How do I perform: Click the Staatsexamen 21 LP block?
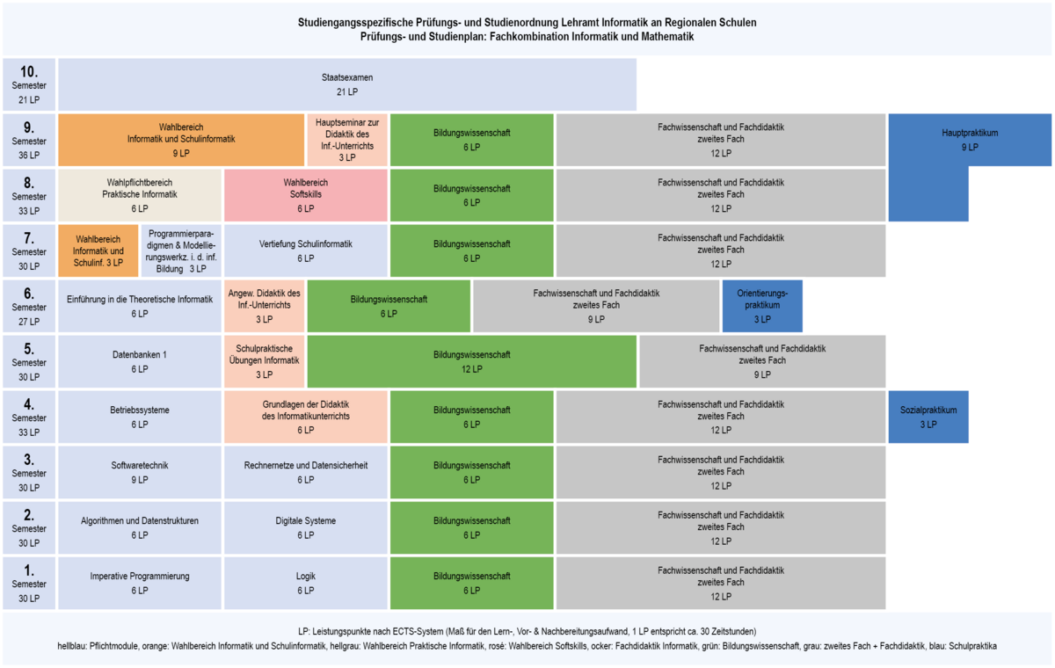(347, 84)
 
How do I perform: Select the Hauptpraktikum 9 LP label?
(970, 140)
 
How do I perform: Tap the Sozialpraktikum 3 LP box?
(928, 417)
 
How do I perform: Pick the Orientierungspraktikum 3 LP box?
(762, 306)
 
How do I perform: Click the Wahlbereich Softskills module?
(306, 195)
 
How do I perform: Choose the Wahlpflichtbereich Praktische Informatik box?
(140, 195)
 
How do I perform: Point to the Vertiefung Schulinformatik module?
(306, 250)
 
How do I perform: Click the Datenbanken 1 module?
(140, 361)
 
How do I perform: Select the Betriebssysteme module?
(140, 417)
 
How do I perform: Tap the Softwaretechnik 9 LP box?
(140, 472)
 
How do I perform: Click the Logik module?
(306, 583)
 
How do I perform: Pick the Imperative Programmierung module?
(140, 583)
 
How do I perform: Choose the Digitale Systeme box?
(306, 527)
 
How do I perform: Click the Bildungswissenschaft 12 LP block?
(472, 361)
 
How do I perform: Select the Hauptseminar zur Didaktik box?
(347, 140)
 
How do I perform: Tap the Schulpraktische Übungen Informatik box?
(265, 361)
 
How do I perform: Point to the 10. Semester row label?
(29, 84)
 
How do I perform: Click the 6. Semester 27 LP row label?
(29, 306)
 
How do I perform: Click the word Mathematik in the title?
(666, 37)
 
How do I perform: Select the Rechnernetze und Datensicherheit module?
(306, 472)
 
